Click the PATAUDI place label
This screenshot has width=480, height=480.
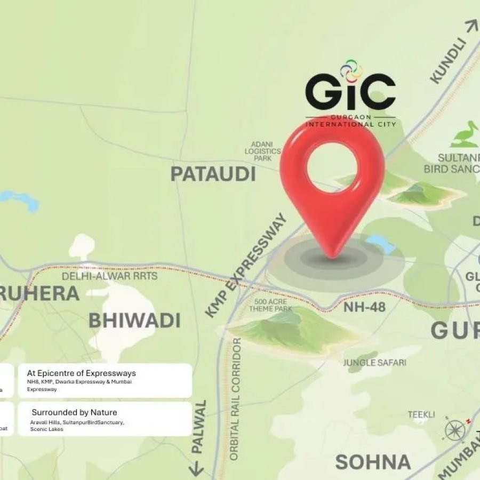pyautogui.click(x=213, y=174)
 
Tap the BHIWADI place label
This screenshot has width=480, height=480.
pyautogui.click(x=134, y=321)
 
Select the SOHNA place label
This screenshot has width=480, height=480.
pyautogui.click(x=373, y=462)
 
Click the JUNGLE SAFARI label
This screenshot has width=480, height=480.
pyautogui.click(x=374, y=363)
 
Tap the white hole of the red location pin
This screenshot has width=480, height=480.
pyautogui.click(x=332, y=163)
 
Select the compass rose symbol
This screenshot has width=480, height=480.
pyautogui.click(x=456, y=429)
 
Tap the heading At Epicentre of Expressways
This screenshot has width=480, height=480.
pyautogui.click(x=81, y=373)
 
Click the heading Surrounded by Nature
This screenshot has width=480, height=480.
pyautogui.click(x=74, y=412)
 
